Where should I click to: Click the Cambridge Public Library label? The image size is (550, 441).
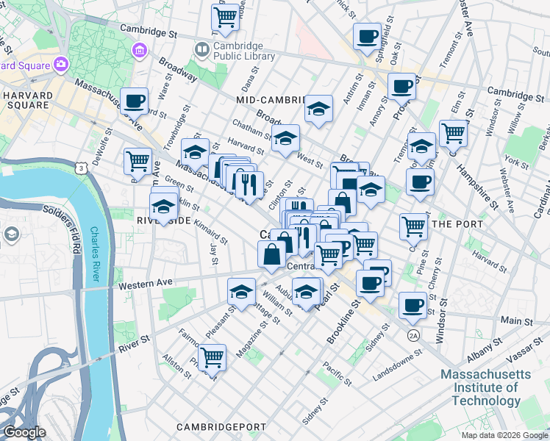pyautogui.click(x=234, y=51)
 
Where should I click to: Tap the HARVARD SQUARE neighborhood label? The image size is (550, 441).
pyautogui.click(x=27, y=101)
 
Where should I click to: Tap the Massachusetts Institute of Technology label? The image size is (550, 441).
pyautogui.click(x=485, y=387)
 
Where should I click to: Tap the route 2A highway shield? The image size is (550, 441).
pyautogui.click(x=413, y=335)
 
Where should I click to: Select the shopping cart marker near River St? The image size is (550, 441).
pyautogui.click(x=212, y=359)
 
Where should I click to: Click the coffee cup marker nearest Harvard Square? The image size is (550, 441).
pyautogui.click(x=134, y=101)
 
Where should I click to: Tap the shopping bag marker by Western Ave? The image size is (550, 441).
pyautogui.click(x=271, y=255)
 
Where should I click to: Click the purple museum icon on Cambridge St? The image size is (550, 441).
pyautogui.click(x=138, y=51)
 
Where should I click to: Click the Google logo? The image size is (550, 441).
pyautogui.click(x=24, y=433)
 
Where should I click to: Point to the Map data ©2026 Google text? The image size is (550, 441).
pyautogui.click(x=504, y=435)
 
